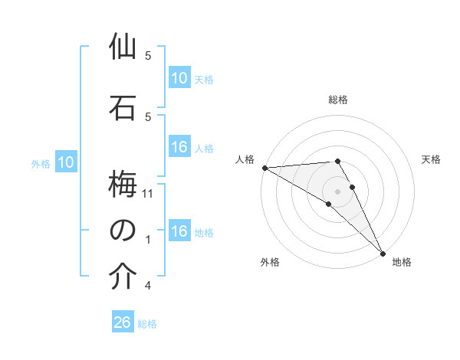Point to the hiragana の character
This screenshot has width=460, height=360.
click(123, 230)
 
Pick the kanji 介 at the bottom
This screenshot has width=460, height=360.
click(123, 277)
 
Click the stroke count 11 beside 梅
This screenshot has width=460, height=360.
click(149, 194)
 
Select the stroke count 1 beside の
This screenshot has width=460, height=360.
click(149, 240)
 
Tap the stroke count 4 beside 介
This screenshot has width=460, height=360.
click(149, 286)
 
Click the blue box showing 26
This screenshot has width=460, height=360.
click(123, 322)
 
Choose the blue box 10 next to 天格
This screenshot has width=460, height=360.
click(179, 78)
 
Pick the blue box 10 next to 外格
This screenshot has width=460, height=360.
click(66, 162)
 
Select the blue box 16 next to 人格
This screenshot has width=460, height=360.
click(179, 147)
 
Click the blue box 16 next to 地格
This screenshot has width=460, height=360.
click(179, 231)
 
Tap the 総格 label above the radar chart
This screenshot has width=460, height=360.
click(338, 100)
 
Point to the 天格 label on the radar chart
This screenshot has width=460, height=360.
click(431, 159)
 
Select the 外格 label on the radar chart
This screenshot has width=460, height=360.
click(270, 262)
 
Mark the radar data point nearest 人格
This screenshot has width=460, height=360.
click(264, 168)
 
